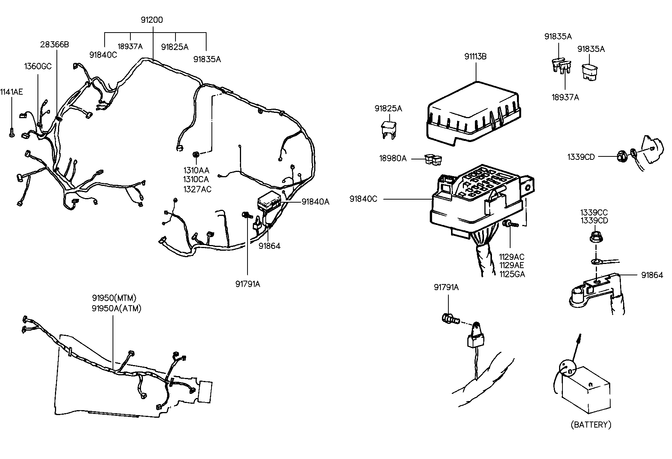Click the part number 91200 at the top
tap(152, 20)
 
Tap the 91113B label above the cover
tap(475, 56)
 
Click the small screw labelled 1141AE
tap(11, 133)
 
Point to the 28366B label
tap(55, 44)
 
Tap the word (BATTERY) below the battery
tap(591, 425)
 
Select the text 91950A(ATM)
tap(116, 308)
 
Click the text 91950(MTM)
tap(114, 298)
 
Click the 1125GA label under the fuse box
tap(512, 274)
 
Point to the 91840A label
tap(315, 202)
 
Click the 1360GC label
tap(38, 67)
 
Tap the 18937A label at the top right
tap(565, 97)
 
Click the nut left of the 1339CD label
tap(621, 156)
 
